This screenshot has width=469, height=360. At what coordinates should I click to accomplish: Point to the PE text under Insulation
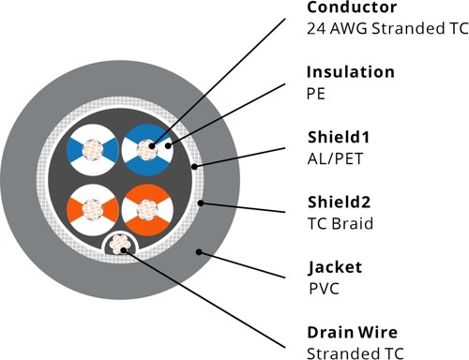click(x=316, y=93)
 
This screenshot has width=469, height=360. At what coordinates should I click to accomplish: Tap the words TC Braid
click(x=340, y=223)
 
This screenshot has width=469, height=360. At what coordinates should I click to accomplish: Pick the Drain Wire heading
click(x=352, y=331)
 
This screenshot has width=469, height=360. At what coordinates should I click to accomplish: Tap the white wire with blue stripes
click(x=91, y=148)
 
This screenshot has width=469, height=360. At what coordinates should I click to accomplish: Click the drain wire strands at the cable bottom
click(x=119, y=247)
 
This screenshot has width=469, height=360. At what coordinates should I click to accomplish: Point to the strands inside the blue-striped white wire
click(x=91, y=148)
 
